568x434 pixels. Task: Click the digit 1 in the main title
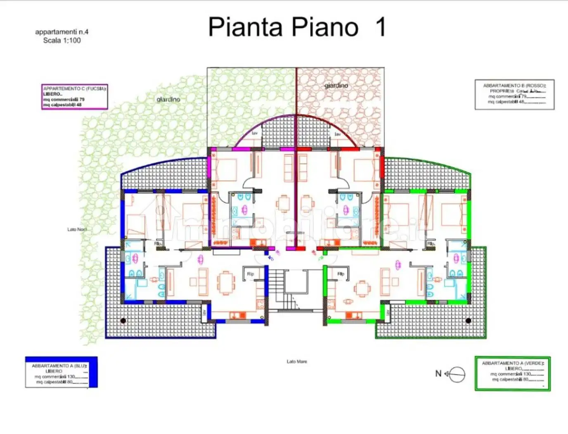point(380,27)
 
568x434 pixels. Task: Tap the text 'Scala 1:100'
point(62,41)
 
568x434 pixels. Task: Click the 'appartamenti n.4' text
point(62,32)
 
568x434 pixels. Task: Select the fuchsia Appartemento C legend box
point(75,97)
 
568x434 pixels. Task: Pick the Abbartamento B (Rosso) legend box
point(514,94)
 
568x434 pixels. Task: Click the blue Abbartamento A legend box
point(61,372)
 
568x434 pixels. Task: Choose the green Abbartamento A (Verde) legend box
point(512,374)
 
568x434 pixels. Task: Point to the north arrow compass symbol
point(456,374)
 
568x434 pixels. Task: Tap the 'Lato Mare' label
point(297,362)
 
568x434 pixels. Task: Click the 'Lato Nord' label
point(77,229)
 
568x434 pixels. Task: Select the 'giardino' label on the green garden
point(168,100)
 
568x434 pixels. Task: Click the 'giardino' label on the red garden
point(336,86)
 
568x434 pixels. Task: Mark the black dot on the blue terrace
point(123,320)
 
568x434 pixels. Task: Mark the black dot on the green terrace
point(468,320)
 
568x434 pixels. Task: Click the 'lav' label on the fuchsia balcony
point(255,134)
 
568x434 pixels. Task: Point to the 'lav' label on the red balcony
point(337,134)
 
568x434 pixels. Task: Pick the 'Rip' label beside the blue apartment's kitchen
point(250,274)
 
